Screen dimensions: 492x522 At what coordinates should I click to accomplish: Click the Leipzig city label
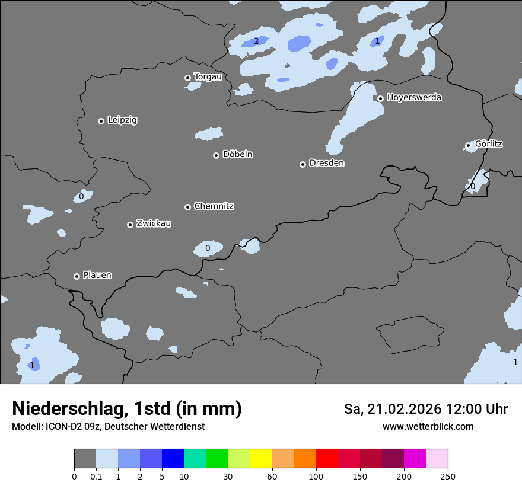122,120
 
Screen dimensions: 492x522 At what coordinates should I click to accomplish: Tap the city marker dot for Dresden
303,164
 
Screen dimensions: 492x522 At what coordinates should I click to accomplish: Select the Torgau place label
208,77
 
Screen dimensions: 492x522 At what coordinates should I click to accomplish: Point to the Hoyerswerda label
414,98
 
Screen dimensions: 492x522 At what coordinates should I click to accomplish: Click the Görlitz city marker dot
468,145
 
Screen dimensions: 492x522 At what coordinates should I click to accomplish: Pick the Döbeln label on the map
237,155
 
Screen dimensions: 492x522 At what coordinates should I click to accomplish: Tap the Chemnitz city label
214,206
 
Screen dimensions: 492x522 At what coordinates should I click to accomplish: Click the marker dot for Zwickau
130,225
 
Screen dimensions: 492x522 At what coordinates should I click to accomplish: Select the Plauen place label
97,276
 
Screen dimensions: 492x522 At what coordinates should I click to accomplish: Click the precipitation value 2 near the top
256,41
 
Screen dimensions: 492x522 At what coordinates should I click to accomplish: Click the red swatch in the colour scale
327,459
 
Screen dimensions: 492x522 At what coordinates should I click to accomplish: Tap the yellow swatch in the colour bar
261,459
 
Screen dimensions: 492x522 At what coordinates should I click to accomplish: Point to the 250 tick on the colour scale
448,476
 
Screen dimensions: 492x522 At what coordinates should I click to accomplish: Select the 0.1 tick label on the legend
96,476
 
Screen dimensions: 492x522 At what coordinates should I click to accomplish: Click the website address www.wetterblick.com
428,427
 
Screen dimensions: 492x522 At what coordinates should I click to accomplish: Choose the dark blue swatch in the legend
173,459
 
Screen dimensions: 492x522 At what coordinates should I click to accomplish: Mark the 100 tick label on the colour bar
316,476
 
